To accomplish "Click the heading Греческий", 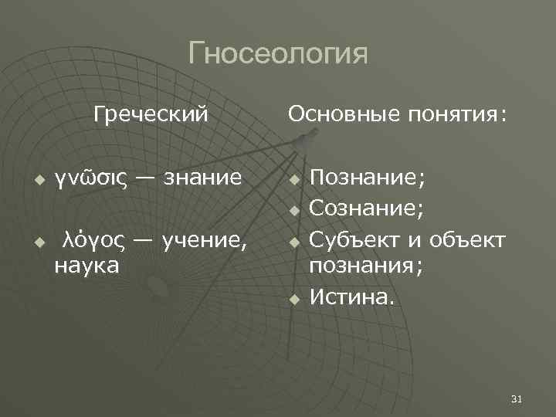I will pos(151,115).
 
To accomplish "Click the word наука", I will pos(86,266).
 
